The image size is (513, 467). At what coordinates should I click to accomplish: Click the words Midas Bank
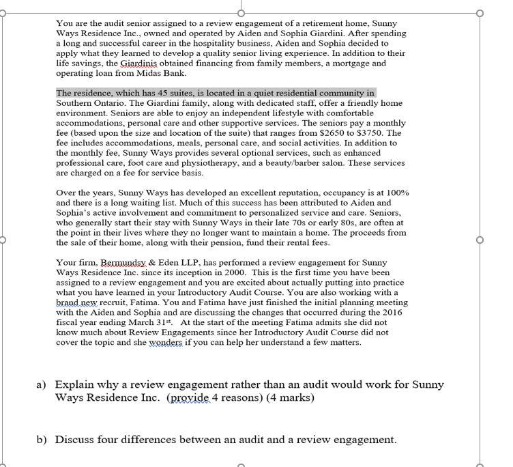tap(162, 73)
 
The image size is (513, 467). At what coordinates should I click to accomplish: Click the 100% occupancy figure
tap(397, 193)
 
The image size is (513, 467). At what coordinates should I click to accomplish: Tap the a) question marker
tap(42, 385)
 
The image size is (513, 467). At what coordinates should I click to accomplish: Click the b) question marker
tap(42, 440)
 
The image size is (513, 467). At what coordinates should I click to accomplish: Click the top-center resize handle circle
tap(241, 12)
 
